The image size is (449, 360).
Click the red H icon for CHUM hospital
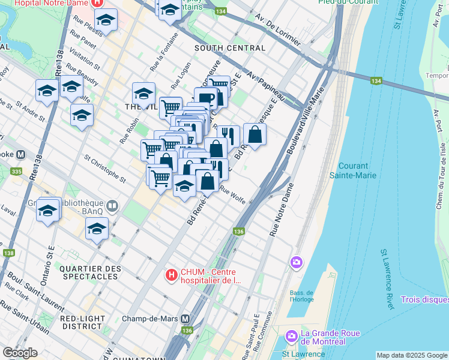(172, 275)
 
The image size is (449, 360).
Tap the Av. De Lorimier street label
(276, 30)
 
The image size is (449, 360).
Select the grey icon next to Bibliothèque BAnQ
(113, 206)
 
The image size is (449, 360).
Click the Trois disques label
(424, 299)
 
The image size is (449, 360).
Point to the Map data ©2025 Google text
(412, 355)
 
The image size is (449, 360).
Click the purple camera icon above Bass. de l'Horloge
(295, 262)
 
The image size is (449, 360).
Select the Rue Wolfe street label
(233, 196)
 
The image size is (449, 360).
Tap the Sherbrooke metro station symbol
(20, 154)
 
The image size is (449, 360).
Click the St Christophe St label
(106, 169)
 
